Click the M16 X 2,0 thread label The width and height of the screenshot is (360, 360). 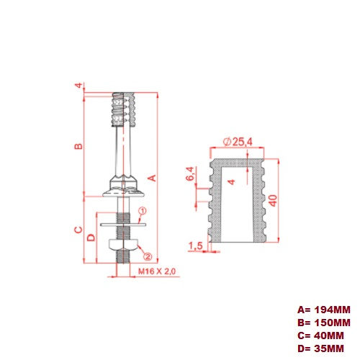click(157, 271)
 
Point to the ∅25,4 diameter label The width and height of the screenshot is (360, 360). click(238, 142)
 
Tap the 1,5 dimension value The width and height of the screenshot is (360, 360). click(195, 246)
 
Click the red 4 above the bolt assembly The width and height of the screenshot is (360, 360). click(78, 86)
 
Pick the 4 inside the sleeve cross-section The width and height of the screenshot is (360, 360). click(230, 181)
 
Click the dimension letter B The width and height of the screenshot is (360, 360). click(80, 146)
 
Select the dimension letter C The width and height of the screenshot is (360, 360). click(78, 230)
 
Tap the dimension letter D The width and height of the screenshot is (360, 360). click(91, 238)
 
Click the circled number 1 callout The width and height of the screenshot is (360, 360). click(142, 211)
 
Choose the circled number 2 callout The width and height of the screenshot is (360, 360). click(146, 255)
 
